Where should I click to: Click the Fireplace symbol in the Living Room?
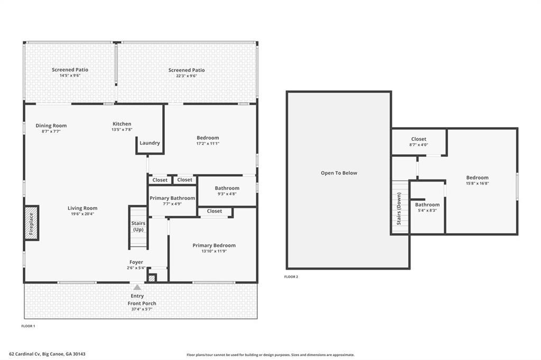click(31, 223)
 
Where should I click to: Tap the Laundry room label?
click(150, 143)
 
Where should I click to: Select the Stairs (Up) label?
click(138, 226)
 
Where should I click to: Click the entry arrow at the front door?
click(137, 287)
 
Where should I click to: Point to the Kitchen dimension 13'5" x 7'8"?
click(122, 130)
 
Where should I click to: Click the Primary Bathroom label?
click(172, 198)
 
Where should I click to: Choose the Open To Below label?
click(339, 173)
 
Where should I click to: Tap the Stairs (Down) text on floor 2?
click(399, 209)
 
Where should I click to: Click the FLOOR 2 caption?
click(291, 277)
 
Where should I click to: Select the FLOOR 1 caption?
click(29, 326)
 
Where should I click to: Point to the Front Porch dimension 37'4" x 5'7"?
click(142, 309)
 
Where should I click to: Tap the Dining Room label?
click(51, 126)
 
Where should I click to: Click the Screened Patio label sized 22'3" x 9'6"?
click(186, 70)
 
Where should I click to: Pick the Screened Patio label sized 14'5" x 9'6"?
click(70, 70)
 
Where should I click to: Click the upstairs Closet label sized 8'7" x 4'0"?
click(418, 139)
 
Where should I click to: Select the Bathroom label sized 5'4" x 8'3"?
click(427, 204)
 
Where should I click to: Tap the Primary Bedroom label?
click(214, 245)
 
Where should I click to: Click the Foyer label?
click(136, 262)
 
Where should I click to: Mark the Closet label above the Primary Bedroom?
click(214, 211)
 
